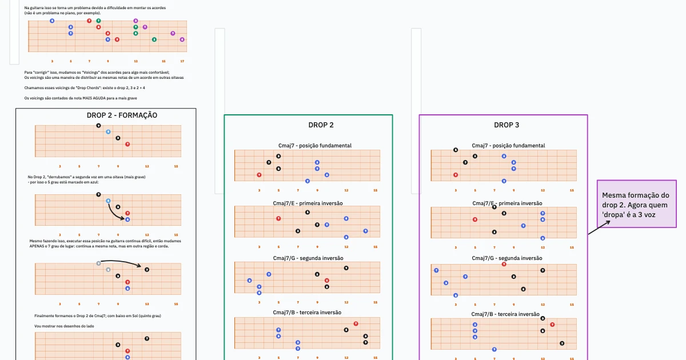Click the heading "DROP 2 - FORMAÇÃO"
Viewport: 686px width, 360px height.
(x=122, y=115)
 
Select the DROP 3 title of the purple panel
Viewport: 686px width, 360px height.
(x=506, y=125)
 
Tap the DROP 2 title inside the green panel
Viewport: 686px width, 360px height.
(x=321, y=125)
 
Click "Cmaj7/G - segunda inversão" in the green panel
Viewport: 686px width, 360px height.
(x=308, y=258)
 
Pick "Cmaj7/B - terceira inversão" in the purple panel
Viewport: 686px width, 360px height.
(x=505, y=314)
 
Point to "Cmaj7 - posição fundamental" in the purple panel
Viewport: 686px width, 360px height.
(x=508, y=146)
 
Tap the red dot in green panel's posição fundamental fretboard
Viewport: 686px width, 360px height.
(x=259, y=175)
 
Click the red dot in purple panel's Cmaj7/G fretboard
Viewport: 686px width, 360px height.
(x=504, y=264)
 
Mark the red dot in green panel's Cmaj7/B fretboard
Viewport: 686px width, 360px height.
(x=356, y=323)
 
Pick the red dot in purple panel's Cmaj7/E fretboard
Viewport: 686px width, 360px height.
(x=474, y=219)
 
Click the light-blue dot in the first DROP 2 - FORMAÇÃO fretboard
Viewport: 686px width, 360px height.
(x=108, y=132)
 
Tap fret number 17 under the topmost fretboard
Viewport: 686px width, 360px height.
(x=182, y=61)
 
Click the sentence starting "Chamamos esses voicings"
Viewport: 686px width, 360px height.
(x=85, y=88)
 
